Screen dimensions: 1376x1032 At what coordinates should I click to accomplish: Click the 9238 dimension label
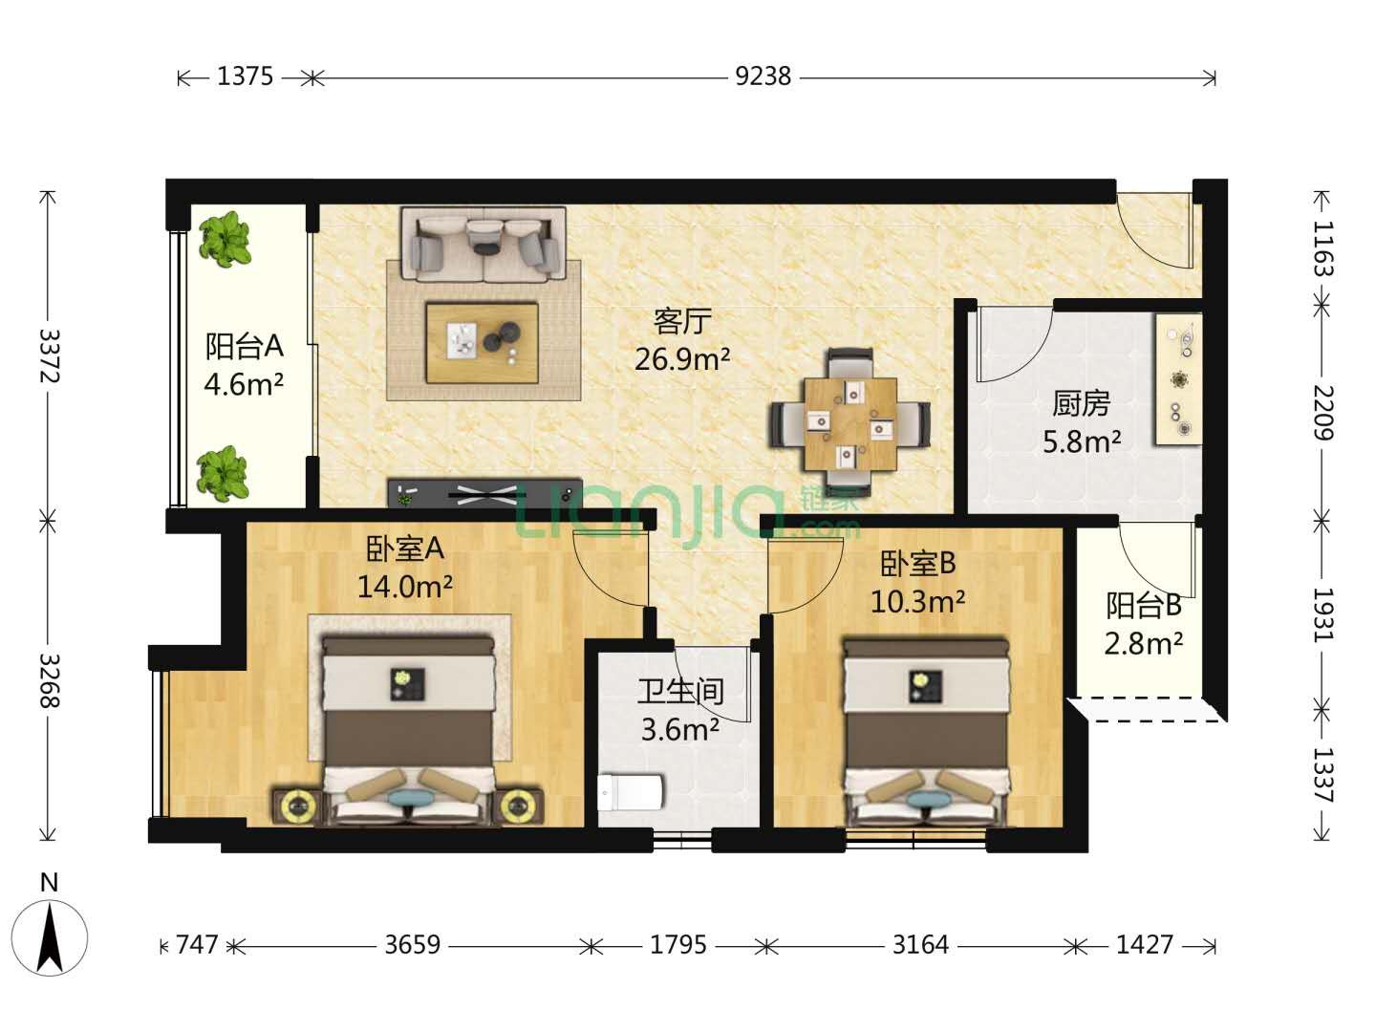pos(763,77)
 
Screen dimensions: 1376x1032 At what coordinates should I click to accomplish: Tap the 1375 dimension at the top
pos(246,77)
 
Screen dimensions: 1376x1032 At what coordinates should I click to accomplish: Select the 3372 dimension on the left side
pos(49,355)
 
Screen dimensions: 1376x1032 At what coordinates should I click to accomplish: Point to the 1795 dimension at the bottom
pos(677,944)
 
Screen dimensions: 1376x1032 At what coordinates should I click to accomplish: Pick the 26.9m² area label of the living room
pos(682,359)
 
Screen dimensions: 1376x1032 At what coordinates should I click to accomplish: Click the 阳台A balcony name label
pos(245,346)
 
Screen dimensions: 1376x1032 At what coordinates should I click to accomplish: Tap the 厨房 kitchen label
pos(1081,403)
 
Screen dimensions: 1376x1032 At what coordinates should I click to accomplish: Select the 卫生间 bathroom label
pos(680,692)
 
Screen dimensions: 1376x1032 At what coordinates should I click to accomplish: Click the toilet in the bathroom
pos(630,792)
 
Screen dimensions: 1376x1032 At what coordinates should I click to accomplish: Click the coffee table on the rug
pos(482,343)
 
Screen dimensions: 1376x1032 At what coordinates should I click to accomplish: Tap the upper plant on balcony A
pos(226,240)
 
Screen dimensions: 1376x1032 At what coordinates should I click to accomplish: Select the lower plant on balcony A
pos(223,473)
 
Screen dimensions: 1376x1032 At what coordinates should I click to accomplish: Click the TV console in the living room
pos(484,494)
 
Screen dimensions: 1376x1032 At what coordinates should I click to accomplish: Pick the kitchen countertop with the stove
pos(1178,379)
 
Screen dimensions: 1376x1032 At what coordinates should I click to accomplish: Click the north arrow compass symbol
pos(50,937)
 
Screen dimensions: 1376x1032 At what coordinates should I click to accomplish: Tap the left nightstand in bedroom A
pos(298,806)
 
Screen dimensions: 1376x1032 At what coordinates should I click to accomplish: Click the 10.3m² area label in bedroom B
pos(917,602)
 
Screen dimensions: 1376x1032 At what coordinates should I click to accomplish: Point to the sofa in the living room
pos(484,245)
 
